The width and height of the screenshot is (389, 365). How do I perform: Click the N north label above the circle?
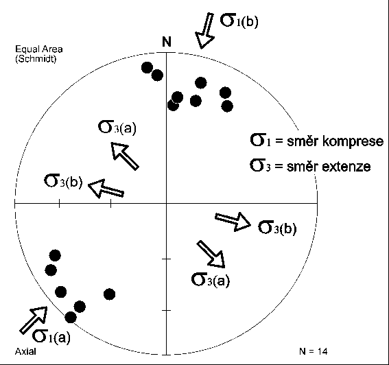tap(167, 41)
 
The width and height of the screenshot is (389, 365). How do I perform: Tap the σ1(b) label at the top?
tap(239, 20)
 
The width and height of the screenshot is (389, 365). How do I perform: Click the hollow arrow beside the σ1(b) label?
tap(205, 30)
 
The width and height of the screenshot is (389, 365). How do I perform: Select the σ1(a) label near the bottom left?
tap(51, 336)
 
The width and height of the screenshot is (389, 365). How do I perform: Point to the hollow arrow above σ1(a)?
tap(34, 320)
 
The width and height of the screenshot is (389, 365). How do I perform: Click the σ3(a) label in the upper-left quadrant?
tap(117, 127)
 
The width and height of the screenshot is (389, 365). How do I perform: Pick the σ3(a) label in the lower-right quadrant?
tap(211, 280)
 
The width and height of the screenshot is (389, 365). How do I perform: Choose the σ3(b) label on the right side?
tap(277, 227)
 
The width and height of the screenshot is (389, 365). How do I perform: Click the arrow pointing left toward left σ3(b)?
tap(106, 189)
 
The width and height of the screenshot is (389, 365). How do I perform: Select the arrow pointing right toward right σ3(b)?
tap(233, 222)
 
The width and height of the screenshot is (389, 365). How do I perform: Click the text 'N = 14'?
tap(314, 351)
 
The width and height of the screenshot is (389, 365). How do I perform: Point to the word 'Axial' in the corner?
tap(25, 351)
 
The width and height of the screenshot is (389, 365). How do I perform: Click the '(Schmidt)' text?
tap(36, 59)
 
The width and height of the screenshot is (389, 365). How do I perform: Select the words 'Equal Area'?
tap(39, 49)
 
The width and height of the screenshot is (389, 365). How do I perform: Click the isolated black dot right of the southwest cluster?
tap(109, 294)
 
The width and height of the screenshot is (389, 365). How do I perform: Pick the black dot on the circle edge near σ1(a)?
tap(71, 317)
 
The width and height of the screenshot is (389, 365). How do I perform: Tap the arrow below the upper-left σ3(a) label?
tap(125, 156)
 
